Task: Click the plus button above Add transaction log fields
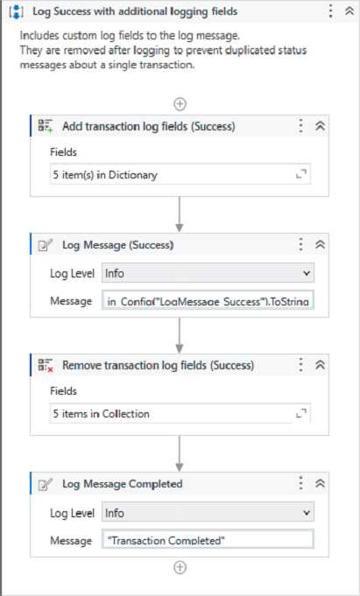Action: click(x=180, y=104)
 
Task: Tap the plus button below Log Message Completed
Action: click(x=180, y=567)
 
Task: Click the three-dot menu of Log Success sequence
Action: click(x=331, y=11)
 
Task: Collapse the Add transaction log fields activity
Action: click(x=321, y=126)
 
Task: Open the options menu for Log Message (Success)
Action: click(x=301, y=244)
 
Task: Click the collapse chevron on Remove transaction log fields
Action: click(x=321, y=365)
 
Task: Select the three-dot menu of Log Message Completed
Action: click(x=301, y=483)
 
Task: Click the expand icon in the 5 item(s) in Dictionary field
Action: click(x=301, y=175)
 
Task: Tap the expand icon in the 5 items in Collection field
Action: click(x=301, y=414)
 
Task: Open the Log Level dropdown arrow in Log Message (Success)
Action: click(x=307, y=273)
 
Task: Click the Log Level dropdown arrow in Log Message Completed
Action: click(x=307, y=513)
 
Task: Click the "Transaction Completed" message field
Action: click(x=208, y=540)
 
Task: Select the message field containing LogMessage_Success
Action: click(x=208, y=301)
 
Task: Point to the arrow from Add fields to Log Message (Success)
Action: click(x=180, y=214)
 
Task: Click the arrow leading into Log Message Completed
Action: click(x=180, y=453)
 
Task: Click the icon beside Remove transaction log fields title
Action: click(x=46, y=365)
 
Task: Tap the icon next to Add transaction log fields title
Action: click(x=46, y=126)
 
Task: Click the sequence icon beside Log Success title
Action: click(x=17, y=11)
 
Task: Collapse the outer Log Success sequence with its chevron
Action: click(x=349, y=11)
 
